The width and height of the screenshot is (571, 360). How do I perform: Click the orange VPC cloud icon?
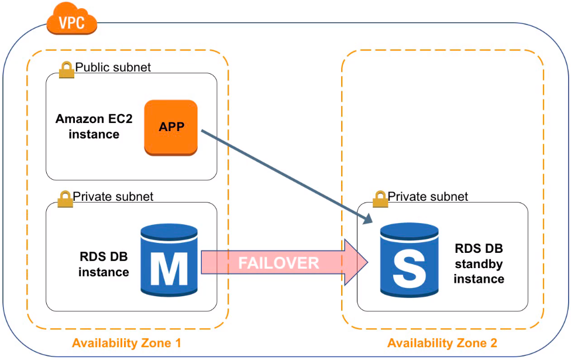click(72, 19)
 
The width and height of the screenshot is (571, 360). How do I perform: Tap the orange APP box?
click(171, 128)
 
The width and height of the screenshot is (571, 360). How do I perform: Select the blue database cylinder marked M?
click(169, 260)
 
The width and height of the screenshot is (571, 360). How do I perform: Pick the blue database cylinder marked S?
click(409, 260)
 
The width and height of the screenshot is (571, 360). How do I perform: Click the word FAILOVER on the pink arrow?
click(278, 263)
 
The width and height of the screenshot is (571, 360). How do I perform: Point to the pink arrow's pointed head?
click(367, 262)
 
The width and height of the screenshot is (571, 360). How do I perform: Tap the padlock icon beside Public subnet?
click(66, 69)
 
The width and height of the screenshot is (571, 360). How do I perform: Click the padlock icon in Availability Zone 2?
click(380, 198)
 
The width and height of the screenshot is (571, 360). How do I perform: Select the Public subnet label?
click(113, 67)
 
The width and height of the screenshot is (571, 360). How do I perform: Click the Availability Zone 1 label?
click(126, 343)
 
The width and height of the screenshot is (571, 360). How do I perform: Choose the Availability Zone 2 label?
click(442, 343)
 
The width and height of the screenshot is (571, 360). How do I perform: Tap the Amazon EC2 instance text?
click(94, 126)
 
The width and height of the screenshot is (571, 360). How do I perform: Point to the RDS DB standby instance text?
click(479, 263)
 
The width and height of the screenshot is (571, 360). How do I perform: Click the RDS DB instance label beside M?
click(104, 264)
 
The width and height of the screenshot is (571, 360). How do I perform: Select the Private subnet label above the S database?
click(428, 197)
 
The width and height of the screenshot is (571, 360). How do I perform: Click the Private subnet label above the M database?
click(113, 197)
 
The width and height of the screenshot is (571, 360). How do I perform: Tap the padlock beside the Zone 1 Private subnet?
click(65, 198)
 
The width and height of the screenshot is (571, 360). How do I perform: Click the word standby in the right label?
click(479, 264)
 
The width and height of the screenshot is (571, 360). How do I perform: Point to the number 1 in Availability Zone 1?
click(178, 343)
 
